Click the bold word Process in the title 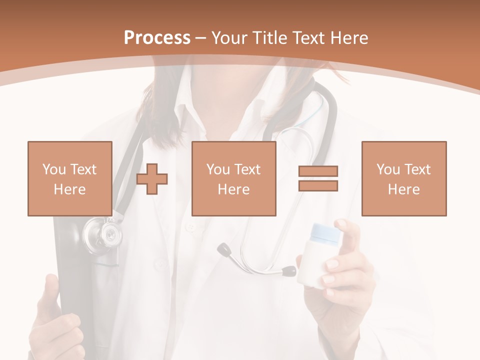[x=157, y=38]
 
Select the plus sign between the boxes [x=152, y=179]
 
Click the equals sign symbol [x=318, y=178]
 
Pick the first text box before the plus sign [x=70, y=178]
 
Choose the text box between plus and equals [x=233, y=178]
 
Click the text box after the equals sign [x=403, y=178]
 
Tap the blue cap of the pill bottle [x=325, y=232]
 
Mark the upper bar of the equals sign [x=318, y=171]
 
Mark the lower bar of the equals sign [x=318, y=185]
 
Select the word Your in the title [x=228, y=38]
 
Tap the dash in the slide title [x=201, y=38]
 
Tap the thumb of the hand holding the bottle [x=350, y=235]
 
